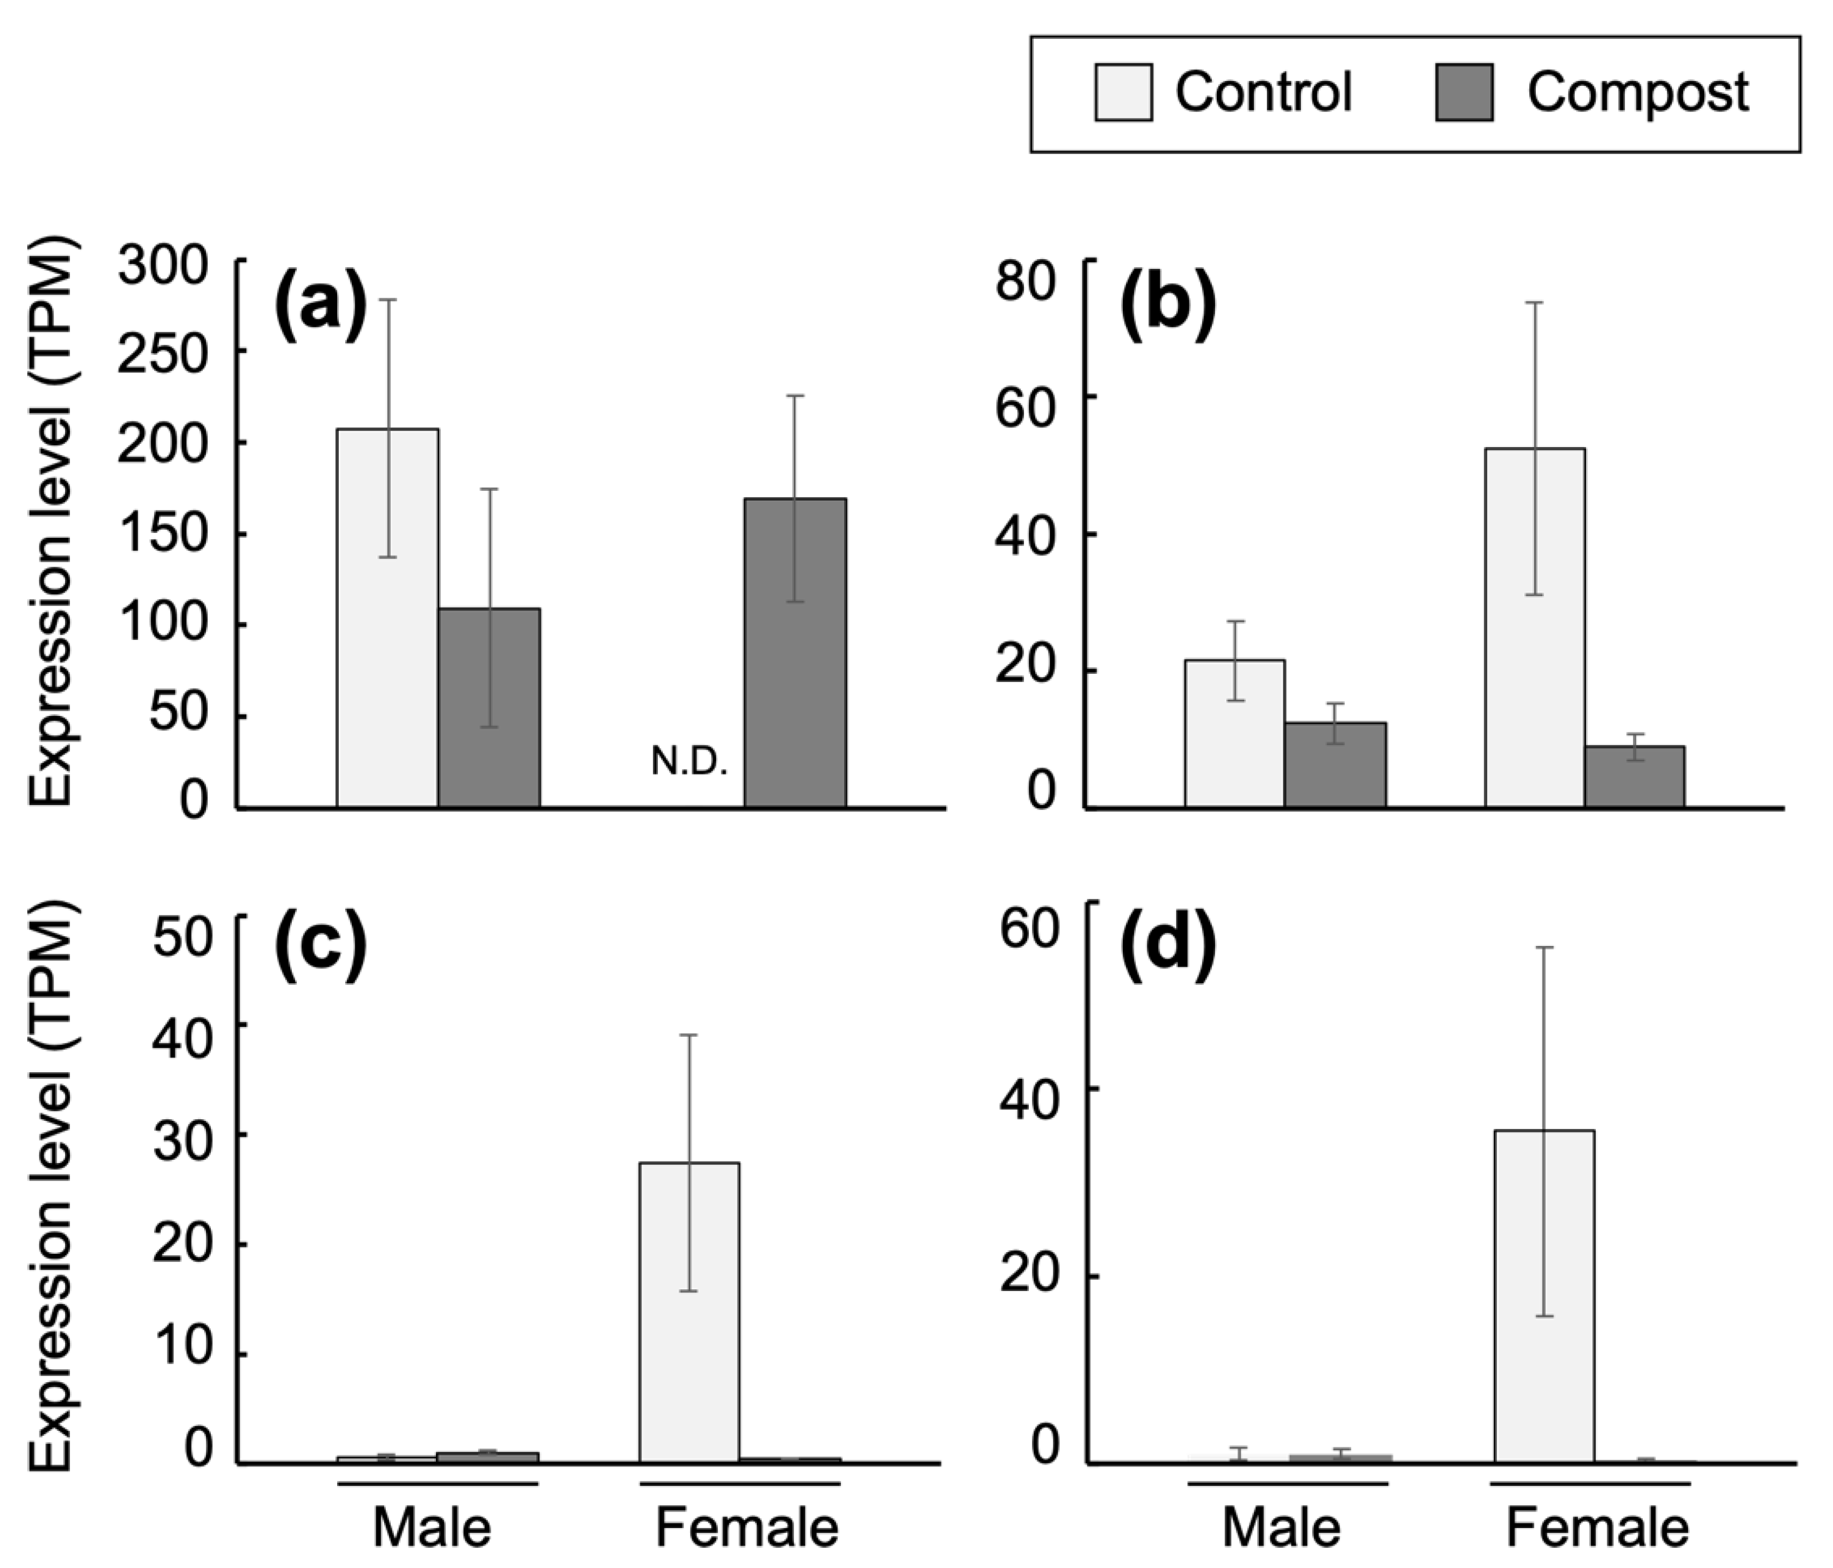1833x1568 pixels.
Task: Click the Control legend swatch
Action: click(1123, 92)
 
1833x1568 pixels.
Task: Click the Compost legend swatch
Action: click(1464, 92)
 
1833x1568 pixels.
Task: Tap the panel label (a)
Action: click(320, 306)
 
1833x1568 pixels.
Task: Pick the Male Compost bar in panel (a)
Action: click(489, 708)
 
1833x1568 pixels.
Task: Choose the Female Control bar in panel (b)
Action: click(1535, 629)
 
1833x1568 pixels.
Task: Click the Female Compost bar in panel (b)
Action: click(1634, 777)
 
